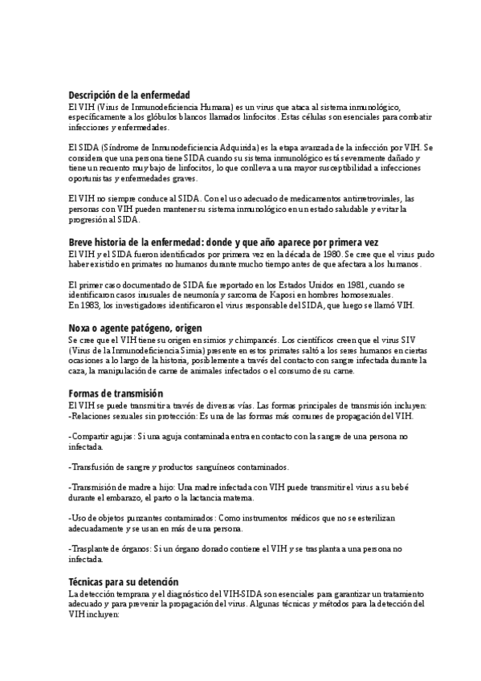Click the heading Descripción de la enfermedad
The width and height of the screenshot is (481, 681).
point(128,95)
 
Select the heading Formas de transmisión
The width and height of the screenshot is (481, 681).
point(116,394)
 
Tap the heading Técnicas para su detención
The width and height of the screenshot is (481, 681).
point(124,581)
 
